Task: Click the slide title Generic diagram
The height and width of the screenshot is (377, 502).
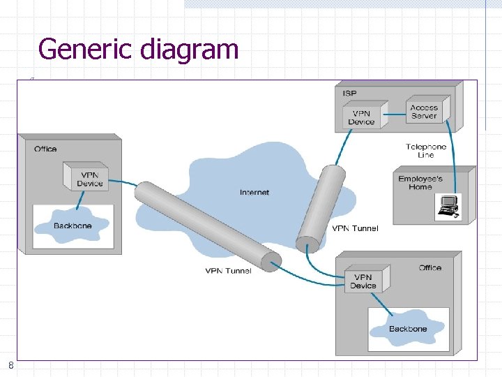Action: [x=138, y=50]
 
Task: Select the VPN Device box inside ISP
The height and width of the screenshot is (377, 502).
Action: [x=361, y=117]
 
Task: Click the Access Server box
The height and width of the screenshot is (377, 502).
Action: [x=425, y=111]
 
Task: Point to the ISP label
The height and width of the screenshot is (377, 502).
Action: [x=349, y=93]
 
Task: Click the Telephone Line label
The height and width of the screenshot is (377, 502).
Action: [x=426, y=151]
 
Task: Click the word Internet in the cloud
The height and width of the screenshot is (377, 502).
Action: [x=254, y=192]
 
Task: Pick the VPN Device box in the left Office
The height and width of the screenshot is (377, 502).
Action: [x=90, y=179]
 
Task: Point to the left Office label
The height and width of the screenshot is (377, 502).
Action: [x=45, y=149]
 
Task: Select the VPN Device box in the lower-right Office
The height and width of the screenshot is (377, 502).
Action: [x=363, y=281]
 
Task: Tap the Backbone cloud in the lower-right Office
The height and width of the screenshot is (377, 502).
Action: [x=408, y=328]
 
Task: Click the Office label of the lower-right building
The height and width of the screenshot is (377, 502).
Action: [x=429, y=267]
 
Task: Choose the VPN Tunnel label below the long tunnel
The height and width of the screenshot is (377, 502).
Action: [x=228, y=271]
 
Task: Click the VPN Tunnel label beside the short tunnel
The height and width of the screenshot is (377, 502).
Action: [x=355, y=228]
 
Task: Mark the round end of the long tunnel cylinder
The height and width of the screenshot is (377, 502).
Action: [x=270, y=260]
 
